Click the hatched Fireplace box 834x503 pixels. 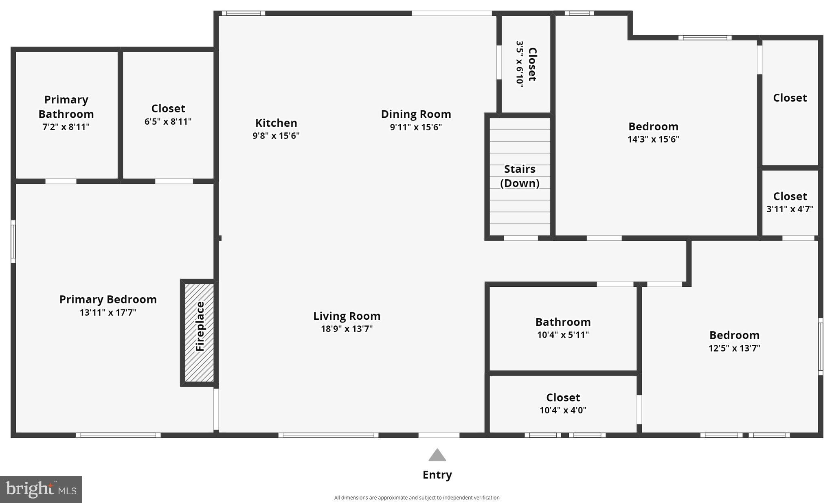pos(199,332)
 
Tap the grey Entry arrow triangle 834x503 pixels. pos(437,455)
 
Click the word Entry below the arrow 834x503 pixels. pos(437,475)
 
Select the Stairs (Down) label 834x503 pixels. pos(520,176)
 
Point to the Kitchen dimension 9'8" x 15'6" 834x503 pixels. pos(276,136)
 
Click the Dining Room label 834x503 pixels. pos(416,114)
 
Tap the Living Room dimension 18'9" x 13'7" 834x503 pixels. pos(347,329)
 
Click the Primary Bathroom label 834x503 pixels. pos(66,107)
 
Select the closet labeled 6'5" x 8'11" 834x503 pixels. pos(168,115)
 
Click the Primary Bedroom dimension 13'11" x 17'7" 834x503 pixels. pos(108,312)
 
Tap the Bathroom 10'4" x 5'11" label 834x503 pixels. pos(563,328)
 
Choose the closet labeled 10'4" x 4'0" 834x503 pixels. pos(563,403)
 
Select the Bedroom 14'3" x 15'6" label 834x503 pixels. pos(653,132)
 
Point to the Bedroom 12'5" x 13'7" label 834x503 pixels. pos(734,341)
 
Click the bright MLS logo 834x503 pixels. pos(41,489)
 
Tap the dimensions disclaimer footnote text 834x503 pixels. pos(417,497)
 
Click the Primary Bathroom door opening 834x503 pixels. pos(61,181)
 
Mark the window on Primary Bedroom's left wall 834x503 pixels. pos(13,242)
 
